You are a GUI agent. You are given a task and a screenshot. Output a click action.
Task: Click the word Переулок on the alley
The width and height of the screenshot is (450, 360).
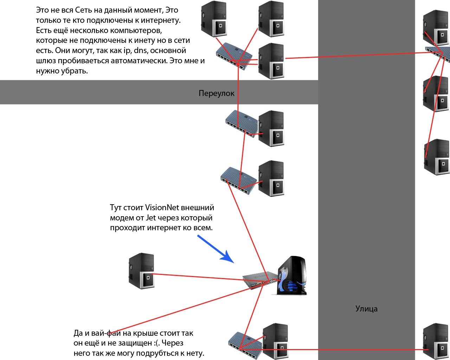click(216, 93)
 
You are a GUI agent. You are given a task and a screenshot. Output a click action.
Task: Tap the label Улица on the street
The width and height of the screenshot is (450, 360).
click(366, 309)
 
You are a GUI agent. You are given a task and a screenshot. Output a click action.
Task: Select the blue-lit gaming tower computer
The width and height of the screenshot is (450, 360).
click(292, 276)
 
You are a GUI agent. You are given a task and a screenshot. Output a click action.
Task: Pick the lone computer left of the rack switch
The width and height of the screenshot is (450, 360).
click(142, 271)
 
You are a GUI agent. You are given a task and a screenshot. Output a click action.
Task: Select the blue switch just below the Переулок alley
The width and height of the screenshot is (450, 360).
click(241, 123)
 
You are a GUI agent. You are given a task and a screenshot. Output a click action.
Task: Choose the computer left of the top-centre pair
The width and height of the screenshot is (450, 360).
click(214, 19)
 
